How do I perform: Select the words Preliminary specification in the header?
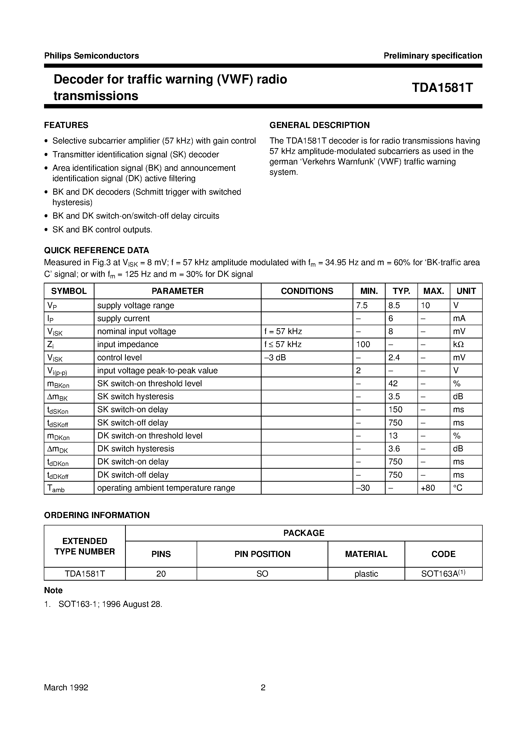tap(433, 56)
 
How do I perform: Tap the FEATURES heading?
tap(66, 125)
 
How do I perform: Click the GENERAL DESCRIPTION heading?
tap(319, 125)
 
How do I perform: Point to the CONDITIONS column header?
tap(307, 291)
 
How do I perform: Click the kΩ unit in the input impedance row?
tap(458, 344)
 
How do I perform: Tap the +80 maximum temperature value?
tap(428, 488)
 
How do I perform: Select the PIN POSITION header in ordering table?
tap(262, 554)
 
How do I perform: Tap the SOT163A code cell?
tap(443, 574)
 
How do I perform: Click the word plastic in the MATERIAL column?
tap(366, 574)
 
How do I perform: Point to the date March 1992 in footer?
tap(66, 688)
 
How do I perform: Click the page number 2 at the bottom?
tap(263, 688)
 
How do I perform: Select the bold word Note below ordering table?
tap(53, 590)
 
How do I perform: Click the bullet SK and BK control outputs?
tap(102, 230)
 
